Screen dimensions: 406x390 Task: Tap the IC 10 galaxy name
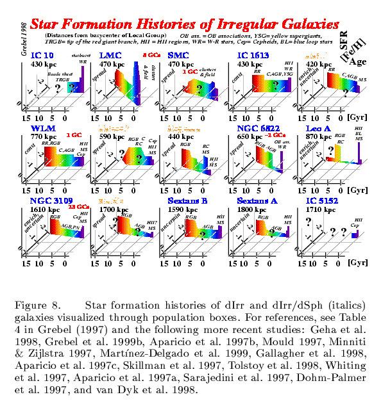coord(40,56)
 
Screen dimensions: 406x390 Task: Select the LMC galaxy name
coord(104,56)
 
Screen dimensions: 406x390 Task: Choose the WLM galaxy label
coord(40,129)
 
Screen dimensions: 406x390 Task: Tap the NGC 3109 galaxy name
coord(48,200)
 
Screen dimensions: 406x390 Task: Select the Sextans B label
coord(182,200)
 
